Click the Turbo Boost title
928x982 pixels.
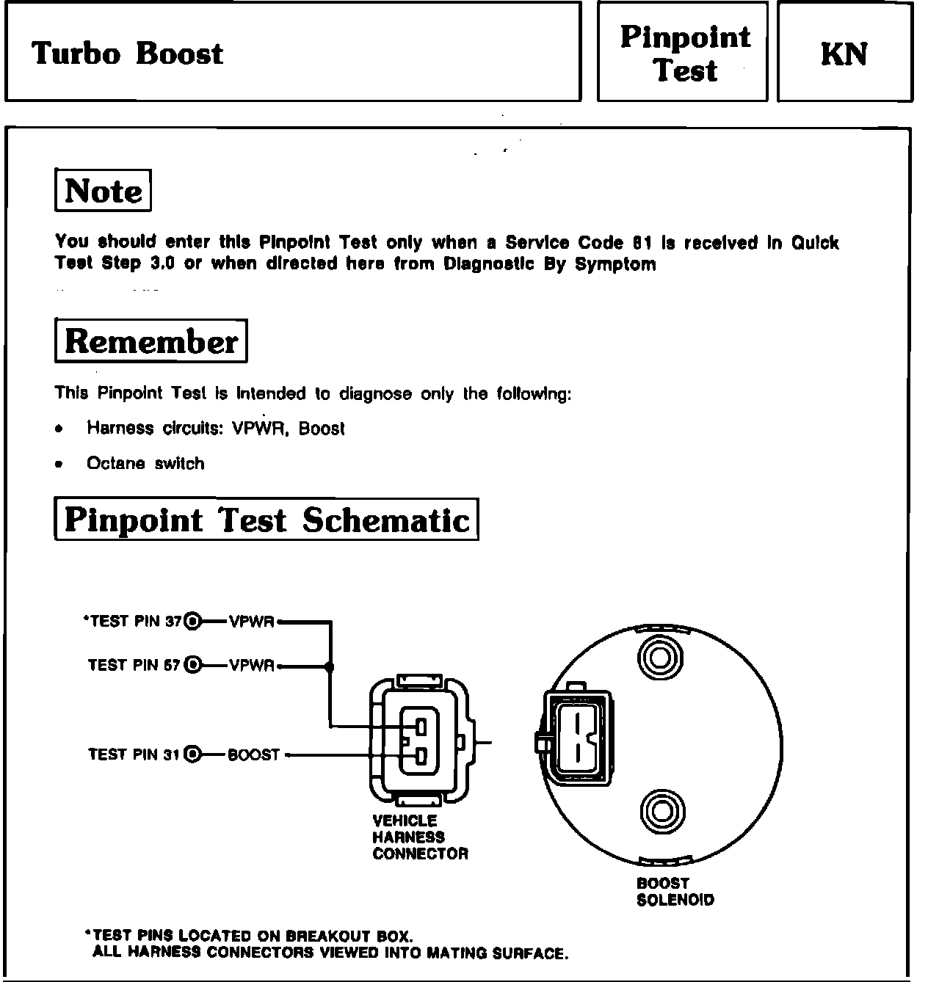128,54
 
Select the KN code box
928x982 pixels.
844,54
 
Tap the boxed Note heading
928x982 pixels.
104,191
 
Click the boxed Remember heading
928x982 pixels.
151,341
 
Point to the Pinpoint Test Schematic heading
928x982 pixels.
267,520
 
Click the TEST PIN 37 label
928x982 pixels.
132,621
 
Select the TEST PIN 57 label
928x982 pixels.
134,665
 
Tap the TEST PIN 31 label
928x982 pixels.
134,754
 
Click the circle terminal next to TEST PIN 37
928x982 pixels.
193,621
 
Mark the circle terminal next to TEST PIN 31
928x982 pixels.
193,754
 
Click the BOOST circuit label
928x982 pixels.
254,754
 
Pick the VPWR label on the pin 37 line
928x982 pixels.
252,622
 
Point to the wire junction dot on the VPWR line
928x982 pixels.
330,666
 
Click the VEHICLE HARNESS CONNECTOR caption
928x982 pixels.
420,837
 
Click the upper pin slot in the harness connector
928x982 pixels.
421,727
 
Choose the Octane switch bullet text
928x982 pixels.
145,463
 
